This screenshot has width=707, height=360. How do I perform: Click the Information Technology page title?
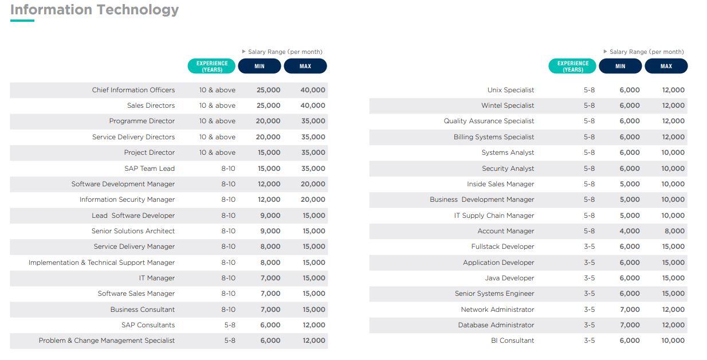click(95, 10)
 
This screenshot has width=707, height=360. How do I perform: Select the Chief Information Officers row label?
click(133, 90)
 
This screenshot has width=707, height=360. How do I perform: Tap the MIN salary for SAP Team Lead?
click(269, 169)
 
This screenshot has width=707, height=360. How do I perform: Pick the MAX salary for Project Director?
click(313, 152)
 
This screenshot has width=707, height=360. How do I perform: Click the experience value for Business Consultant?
click(228, 310)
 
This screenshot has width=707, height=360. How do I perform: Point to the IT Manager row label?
click(157, 278)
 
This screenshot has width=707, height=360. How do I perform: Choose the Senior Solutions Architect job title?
click(133, 231)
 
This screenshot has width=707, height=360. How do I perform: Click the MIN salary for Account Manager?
click(630, 231)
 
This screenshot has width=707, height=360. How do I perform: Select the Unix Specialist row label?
click(510, 90)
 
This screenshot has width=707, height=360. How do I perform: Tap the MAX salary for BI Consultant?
click(673, 341)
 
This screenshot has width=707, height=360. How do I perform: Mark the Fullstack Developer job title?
click(502, 246)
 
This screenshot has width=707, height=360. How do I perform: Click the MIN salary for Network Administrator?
click(630, 310)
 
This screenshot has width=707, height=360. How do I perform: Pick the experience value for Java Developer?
click(589, 278)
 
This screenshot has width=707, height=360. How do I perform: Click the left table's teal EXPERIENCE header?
click(212, 66)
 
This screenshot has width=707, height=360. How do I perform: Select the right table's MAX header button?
click(666, 66)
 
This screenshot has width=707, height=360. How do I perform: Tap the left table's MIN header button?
click(260, 66)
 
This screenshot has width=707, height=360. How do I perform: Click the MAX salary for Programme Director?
click(313, 121)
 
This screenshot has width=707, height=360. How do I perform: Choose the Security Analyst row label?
click(508, 169)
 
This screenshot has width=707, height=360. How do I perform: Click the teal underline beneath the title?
click(22, 21)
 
